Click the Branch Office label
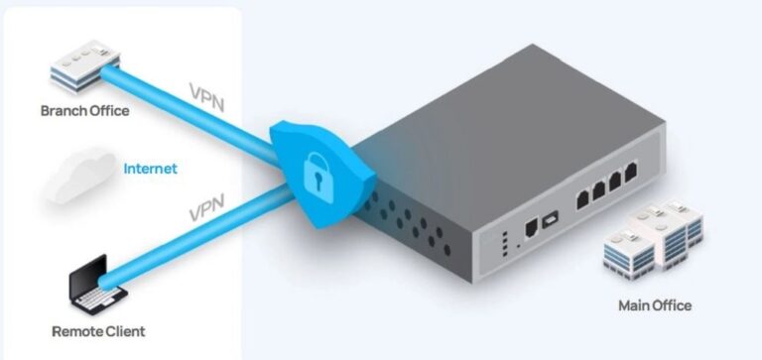(x=84, y=111)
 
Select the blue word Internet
(x=150, y=169)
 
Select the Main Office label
(x=654, y=304)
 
